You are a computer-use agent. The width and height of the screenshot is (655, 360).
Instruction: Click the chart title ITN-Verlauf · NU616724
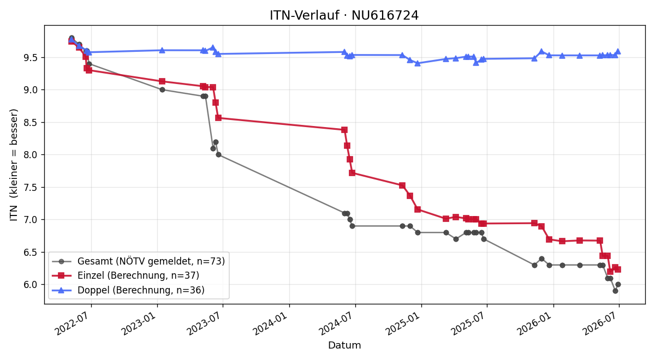tap(344, 15)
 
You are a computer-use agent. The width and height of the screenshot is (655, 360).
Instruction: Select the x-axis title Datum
tap(344, 345)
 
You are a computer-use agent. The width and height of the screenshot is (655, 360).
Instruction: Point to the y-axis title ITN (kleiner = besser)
tap(14, 165)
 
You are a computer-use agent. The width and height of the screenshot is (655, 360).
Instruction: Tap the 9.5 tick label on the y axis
tap(31, 58)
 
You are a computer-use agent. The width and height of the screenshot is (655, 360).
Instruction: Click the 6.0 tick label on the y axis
tap(31, 285)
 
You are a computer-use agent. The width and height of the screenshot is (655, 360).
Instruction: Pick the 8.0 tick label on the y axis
tap(31, 155)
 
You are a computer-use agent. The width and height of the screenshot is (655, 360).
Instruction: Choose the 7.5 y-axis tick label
tap(31, 187)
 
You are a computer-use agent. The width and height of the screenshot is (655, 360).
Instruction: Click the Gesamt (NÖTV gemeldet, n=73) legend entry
tap(138, 261)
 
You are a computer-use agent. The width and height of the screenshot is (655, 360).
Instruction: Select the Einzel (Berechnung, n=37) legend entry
tap(126, 275)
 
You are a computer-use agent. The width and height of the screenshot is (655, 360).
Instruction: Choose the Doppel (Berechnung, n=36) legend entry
tap(128, 290)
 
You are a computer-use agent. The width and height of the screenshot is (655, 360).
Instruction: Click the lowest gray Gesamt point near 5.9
tap(615, 291)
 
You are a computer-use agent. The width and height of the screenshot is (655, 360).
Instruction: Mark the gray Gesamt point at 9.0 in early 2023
tap(162, 89)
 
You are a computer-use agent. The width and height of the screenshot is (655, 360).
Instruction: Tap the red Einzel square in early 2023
tap(162, 81)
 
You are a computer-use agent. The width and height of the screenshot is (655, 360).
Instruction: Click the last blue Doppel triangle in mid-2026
tap(618, 51)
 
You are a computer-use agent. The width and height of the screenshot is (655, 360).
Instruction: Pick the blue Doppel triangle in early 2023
tap(162, 50)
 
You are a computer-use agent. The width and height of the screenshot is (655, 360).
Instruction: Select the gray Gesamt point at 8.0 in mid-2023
tap(218, 155)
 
